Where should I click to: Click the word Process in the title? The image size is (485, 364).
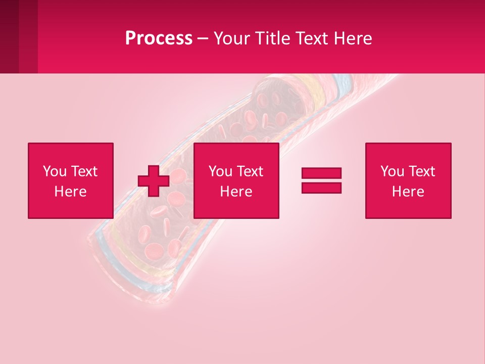[159, 38]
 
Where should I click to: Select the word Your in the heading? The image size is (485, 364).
[231, 38]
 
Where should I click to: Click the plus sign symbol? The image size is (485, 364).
[154, 181]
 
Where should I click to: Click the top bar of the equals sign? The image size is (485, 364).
[321, 173]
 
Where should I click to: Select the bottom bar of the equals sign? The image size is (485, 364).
[321, 188]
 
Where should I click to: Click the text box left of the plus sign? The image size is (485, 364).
[71, 180]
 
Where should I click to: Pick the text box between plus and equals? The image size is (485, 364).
[236, 180]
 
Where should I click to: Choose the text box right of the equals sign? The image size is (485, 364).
[408, 180]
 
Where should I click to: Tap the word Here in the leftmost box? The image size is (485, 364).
[70, 192]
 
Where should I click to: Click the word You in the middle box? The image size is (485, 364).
[220, 171]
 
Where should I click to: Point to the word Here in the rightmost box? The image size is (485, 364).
[408, 192]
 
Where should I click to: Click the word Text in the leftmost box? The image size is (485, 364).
[84, 171]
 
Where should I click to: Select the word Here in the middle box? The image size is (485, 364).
[236, 192]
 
